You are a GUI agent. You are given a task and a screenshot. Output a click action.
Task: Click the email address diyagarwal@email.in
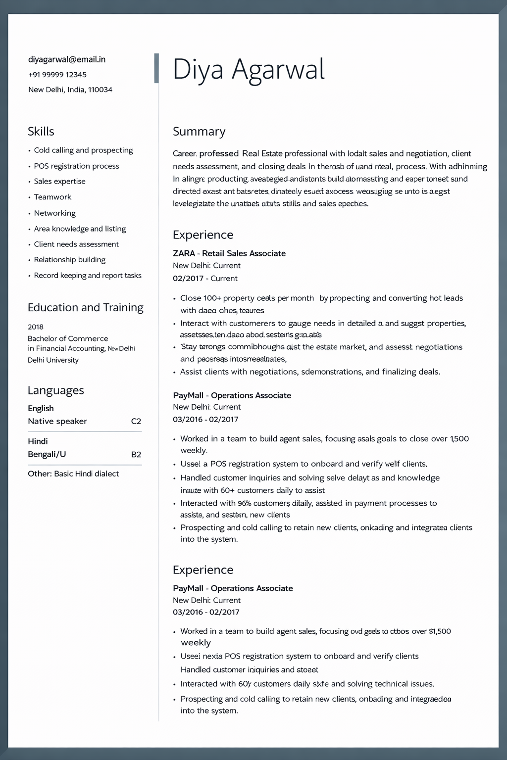67,59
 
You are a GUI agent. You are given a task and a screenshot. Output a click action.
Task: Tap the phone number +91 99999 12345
57,75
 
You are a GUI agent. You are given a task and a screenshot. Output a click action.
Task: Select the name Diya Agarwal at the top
249,69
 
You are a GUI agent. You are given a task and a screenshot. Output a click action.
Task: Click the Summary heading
199,132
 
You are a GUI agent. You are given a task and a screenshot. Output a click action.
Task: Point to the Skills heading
41,132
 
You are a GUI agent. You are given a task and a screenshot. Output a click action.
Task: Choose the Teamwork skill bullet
52,197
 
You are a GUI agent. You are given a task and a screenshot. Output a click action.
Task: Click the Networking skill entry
55,213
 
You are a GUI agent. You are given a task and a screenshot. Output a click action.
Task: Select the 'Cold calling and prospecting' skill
83,150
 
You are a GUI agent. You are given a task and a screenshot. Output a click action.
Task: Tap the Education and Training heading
86,308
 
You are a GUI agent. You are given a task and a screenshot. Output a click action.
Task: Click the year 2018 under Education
36,327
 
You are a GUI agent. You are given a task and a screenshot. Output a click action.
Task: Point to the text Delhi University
53,360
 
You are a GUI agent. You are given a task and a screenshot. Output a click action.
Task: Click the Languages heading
56,390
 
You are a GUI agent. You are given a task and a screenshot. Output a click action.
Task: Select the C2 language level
136,422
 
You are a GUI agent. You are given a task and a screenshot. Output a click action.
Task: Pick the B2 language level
136,455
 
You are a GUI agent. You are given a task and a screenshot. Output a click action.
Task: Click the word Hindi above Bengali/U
38,441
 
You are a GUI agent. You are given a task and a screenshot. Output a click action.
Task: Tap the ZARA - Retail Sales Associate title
229,253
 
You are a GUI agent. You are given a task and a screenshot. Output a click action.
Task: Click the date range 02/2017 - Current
205,279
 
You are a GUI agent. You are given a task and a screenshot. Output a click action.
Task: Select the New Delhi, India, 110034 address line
70,90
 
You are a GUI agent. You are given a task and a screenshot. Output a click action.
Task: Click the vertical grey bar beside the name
156,68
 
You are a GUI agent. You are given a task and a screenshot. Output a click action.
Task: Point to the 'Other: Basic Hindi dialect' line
73,474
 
